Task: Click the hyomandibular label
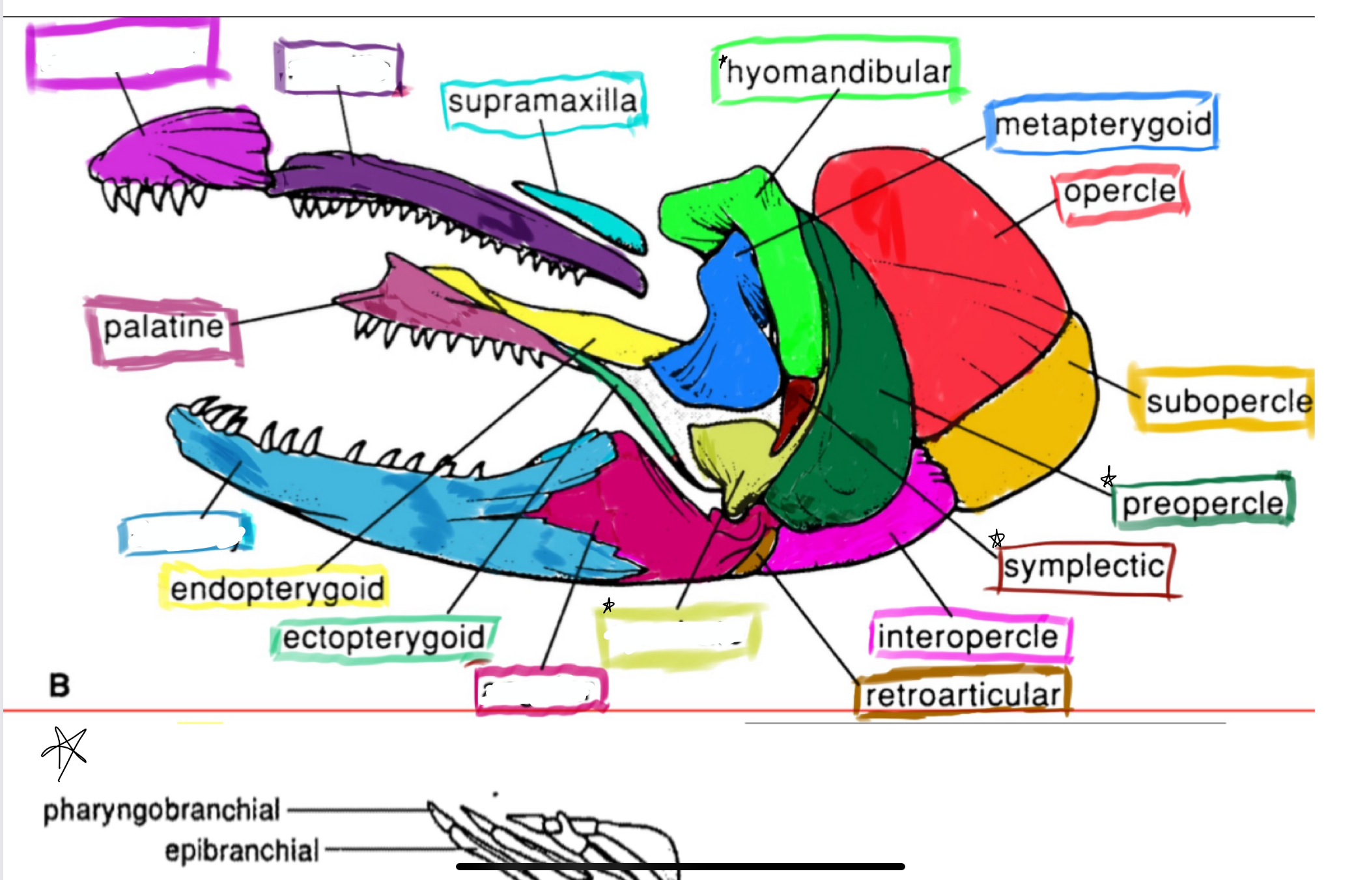[838, 72]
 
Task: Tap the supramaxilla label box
[543, 102]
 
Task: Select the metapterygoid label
[1103, 124]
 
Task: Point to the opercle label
[1120, 192]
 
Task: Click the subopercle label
[1228, 401]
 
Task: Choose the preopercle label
[1202, 504]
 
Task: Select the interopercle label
[968, 636]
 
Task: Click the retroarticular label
[963, 695]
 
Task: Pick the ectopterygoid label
[384, 638]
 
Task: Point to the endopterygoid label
[277, 589]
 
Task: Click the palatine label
[163, 327]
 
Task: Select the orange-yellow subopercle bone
[1016, 423]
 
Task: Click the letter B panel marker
[59, 685]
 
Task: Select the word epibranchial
[242, 851]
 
